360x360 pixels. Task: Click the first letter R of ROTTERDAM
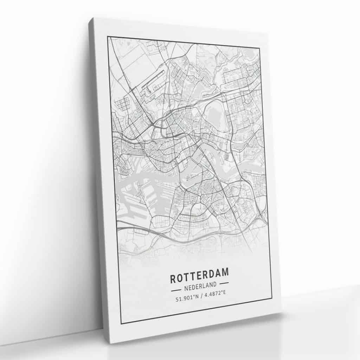(173, 279)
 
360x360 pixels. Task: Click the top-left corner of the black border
(108, 37)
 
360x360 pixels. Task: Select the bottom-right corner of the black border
(272, 298)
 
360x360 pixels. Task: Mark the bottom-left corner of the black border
(121, 323)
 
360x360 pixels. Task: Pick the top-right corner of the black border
(259, 47)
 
